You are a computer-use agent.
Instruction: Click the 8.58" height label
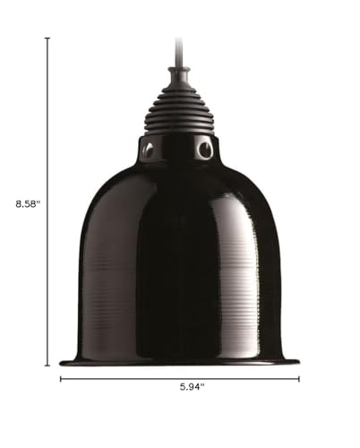[x=28, y=204]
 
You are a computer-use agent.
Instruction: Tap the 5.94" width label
[x=193, y=387]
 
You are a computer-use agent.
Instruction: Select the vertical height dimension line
[x=47, y=202]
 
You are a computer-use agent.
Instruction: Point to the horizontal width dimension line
[x=180, y=379]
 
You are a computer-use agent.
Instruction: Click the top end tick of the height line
[x=47, y=39]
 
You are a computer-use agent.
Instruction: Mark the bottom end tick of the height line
[x=47, y=365]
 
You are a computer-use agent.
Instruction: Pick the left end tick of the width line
[x=61, y=379]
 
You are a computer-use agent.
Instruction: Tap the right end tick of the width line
[x=299, y=379]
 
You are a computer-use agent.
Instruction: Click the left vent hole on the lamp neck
[x=149, y=148]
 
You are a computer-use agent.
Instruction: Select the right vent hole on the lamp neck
[x=205, y=149]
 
